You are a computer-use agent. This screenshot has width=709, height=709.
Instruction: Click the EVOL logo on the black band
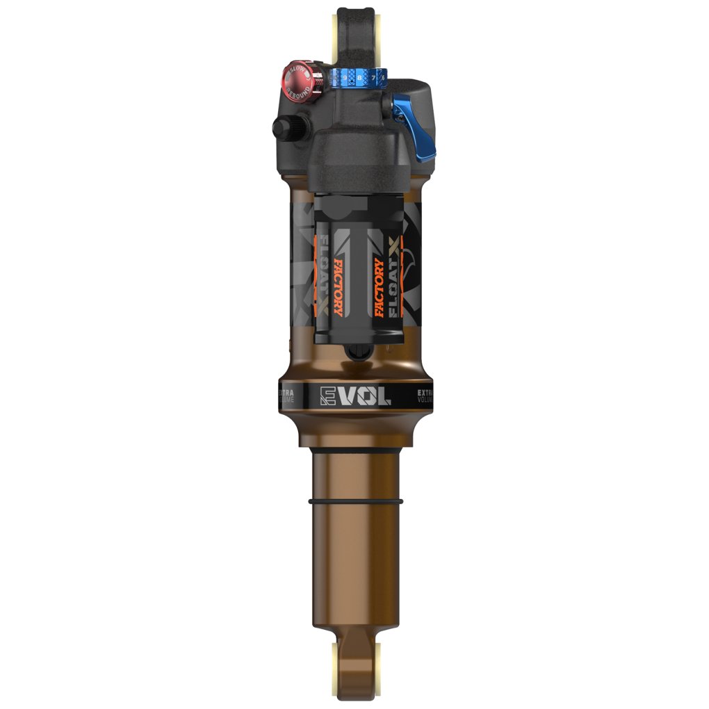coord(354,396)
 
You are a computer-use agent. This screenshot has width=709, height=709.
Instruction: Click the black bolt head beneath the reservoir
coord(356,355)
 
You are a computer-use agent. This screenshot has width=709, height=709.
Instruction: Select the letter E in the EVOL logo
coord(327,396)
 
